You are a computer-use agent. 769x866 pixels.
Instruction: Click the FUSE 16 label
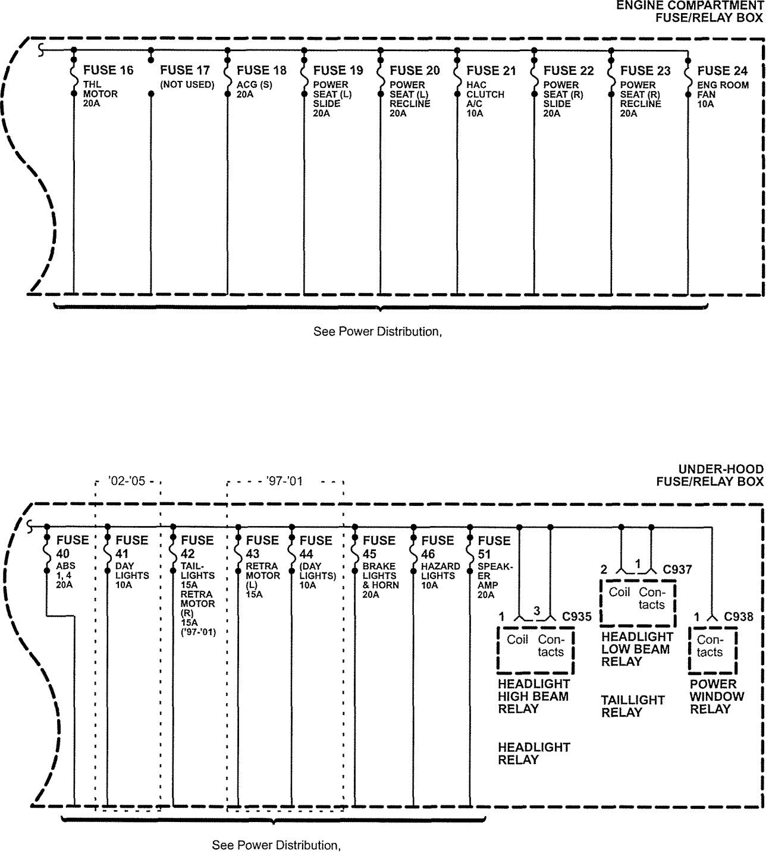(x=108, y=71)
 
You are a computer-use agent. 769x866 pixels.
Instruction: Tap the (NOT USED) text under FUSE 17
(x=187, y=85)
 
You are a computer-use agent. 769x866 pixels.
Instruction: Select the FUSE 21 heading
(x=491, y=71)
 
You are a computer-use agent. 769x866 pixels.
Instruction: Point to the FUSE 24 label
(x=722, y=71)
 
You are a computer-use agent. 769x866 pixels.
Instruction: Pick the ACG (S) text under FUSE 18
(x=254, y=85)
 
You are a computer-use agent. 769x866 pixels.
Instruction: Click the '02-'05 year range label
(x=127, y=481)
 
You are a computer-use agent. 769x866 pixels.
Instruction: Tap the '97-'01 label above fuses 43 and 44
(x=284, y=481)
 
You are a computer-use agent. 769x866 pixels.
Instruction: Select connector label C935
(x=576, y=616)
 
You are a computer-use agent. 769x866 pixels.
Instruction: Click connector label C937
(x=677, y=569)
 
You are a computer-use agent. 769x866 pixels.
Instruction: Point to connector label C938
(x=738, y=616)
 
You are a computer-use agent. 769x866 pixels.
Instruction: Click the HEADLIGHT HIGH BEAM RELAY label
(x=533, y=696)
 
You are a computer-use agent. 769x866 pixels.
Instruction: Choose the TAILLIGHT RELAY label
(x=632, y=706)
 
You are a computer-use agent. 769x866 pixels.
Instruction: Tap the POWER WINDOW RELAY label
(x=717, y=696)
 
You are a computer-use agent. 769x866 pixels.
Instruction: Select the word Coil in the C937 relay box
(x=619, y=592)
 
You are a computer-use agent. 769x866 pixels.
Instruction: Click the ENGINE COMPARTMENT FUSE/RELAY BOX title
(x=689, y=11)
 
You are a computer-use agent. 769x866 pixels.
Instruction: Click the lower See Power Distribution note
(x=276, y=845)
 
